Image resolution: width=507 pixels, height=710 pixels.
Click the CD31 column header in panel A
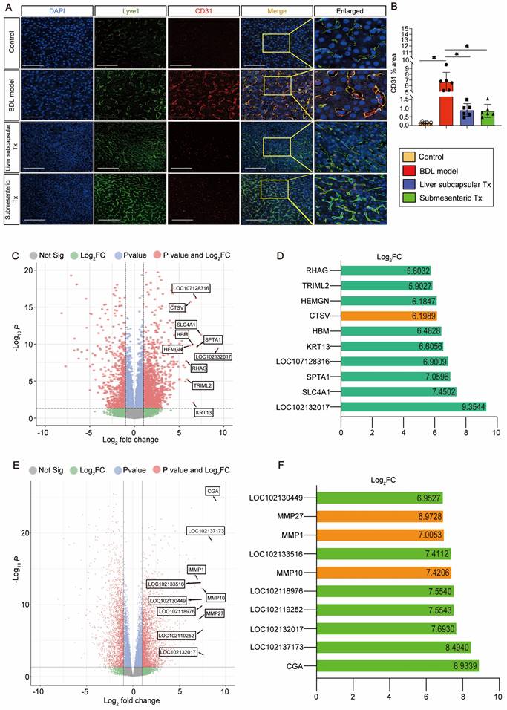coord(202,11)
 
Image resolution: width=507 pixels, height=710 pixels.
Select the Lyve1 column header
coord(129,11)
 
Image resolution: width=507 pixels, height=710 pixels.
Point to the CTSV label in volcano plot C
coord(177,307)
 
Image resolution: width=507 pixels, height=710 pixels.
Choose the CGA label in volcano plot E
coord(214,491)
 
